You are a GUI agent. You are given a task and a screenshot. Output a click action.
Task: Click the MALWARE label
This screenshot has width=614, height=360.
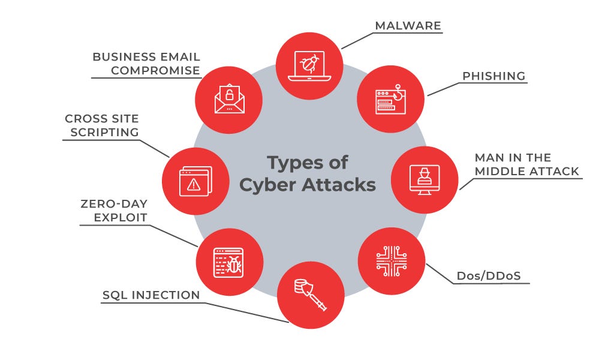pyautogui.click(x=408, y=26)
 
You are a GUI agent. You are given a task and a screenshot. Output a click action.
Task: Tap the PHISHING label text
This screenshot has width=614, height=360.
pyautogui.click(x=493, y=76)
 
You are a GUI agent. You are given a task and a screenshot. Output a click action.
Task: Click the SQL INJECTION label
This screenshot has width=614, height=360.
pyautogui.click(x=151, y=295)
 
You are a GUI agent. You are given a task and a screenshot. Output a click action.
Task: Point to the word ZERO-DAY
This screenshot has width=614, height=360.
pyautogui.click(x=114, y=203)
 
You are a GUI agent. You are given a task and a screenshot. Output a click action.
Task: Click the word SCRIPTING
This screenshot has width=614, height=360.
pyautogui.click(x=104, y=132)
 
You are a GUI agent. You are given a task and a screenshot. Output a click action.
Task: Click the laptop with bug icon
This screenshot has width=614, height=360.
pyautogui.click(x=309, y=65)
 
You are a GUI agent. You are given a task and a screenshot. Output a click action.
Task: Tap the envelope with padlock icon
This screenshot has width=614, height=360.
pyautogui.click(x=229, y=100)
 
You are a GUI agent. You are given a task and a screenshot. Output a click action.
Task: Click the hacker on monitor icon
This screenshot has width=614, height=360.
pyautogui.click(x=424, y=179)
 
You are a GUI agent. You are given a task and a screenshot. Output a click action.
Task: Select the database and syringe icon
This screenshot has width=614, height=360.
pyautogui.click(x=310, y=295)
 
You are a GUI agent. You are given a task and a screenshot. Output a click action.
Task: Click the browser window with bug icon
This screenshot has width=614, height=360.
pyautogui.click(x=229, y=262)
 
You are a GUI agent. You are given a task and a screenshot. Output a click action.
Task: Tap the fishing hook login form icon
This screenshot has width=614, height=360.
pyautogui.click(x=390, y=100)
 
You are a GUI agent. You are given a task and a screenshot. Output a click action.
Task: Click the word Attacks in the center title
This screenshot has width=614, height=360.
pyautogui.click(x=338, y=184)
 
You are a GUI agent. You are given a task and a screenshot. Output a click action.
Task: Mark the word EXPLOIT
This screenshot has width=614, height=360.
pyautogui.click(x=121, y=217)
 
